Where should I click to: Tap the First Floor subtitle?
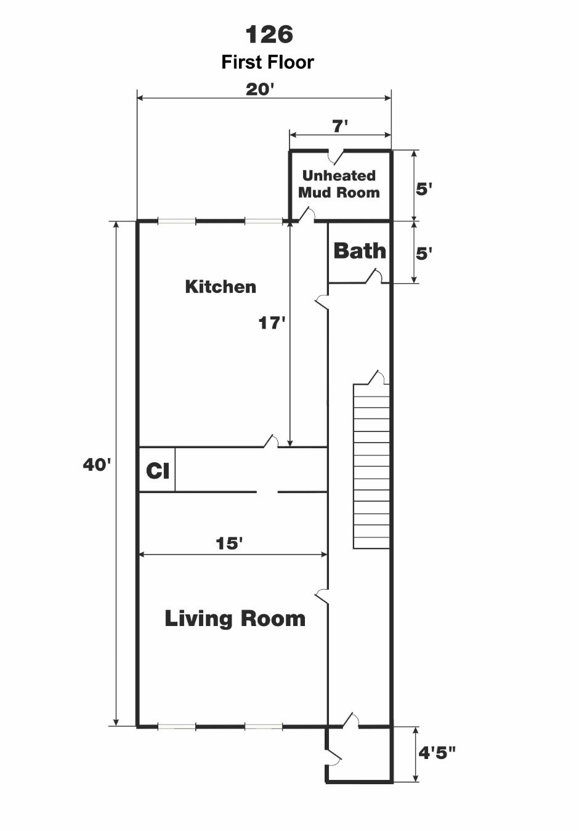267,62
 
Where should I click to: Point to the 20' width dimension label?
260,89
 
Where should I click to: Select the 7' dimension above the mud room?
340,126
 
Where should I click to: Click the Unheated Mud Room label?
339,184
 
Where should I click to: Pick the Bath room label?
360,251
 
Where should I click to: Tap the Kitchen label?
221,287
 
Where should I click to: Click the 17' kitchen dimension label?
272,323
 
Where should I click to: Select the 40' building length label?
97,465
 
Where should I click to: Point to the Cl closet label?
158,471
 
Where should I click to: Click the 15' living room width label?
229,544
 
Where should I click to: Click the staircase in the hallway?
371,467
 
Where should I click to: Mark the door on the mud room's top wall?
336,156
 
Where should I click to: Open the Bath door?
374,276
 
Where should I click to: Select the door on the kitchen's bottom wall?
271,441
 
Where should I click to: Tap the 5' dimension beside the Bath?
424,254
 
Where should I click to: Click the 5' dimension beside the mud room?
424,190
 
